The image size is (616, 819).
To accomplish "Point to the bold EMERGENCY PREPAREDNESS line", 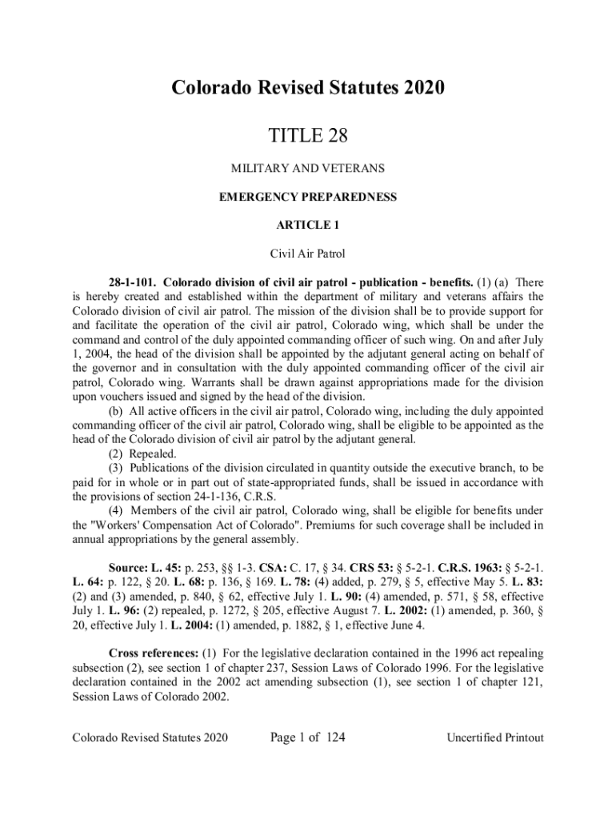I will (308, 197).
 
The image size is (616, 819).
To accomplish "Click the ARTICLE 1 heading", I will (308, 226).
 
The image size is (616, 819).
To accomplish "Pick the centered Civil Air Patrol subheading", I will (308, 254).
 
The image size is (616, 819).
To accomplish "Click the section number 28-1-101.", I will (132, 282).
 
